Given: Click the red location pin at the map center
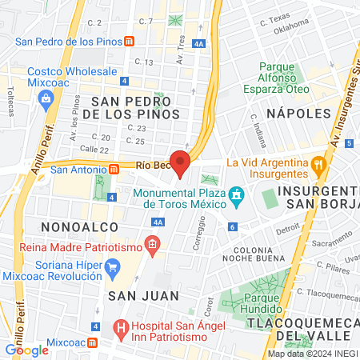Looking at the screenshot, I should [x=180, y=162].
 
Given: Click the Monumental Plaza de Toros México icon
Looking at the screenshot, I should [x=236, y=194].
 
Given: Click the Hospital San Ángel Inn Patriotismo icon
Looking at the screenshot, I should [x=120, y=326].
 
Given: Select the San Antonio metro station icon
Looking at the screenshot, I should [x=115, y=169].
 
